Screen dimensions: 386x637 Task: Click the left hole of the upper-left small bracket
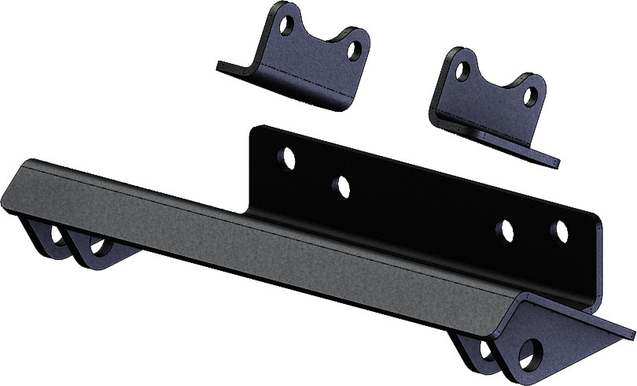(287, 25)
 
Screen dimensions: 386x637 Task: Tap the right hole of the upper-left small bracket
(355, 51)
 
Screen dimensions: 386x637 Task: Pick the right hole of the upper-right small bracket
(532, 97)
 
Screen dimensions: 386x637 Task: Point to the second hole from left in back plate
(342, 187)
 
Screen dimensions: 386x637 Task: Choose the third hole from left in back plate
(506, 230)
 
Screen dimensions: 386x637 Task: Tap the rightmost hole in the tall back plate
(560, 232)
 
